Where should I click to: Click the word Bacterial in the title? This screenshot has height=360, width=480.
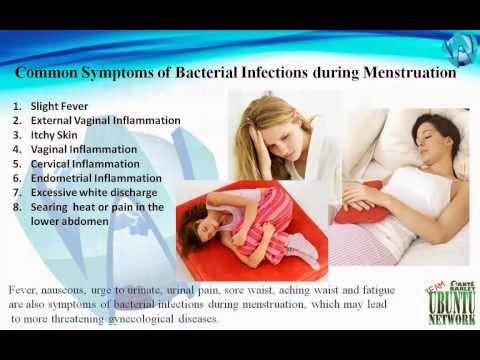point(206,72)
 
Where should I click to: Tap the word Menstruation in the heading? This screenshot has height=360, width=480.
point(409,72)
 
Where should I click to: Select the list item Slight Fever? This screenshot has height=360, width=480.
point(59,106)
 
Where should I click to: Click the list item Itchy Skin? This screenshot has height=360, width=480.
point(54,135)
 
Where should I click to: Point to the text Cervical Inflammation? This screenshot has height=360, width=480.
point(85,164)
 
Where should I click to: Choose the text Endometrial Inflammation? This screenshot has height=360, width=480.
point(96,178)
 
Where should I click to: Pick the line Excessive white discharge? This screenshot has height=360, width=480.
point(94,193)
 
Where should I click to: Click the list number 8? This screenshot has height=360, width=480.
point(17,207)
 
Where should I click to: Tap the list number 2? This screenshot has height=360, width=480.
point(17,121)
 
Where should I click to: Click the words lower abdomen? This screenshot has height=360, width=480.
point(70,221)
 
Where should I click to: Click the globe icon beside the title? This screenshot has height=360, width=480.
point(459,49)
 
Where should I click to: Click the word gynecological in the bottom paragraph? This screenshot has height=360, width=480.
point(141,319)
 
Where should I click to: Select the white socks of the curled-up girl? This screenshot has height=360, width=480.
point(302,249)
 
